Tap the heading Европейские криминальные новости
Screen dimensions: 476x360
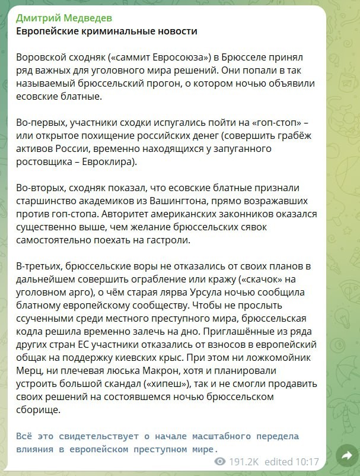pyautogui.click(x=106, y=31)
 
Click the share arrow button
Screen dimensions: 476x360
pyautogui.click(x=344, y=455)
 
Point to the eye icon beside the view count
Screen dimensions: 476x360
pyautogui.click(x=221, y=462)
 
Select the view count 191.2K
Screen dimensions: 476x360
pyautogui.click(x=243, y=462)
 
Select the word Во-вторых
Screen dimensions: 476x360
pyautogui.click(x=42, y=188)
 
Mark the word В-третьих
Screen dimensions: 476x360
pyautogui.click(x=39, y=266)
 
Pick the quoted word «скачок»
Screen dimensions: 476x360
pyautogui.click(x=279, y=279)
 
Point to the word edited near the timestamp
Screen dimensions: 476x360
pyautogui.click(x=279, y=462)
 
